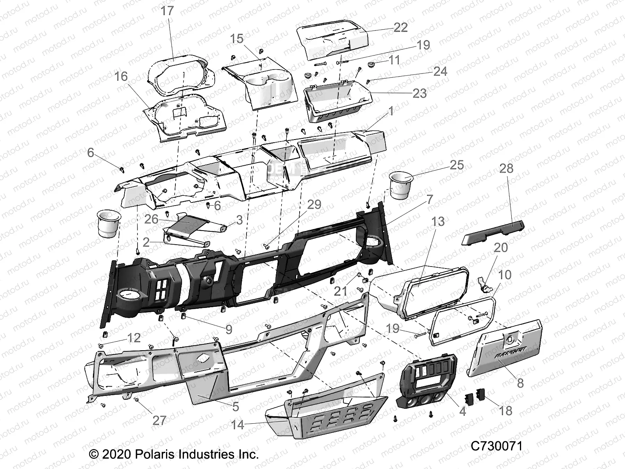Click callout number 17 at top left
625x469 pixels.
click(x=167, y=11)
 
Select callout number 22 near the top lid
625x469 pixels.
click(x=400, y=27)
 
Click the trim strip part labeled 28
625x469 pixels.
click(x=493, y=233)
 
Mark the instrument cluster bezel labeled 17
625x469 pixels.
click(x=178, y=76)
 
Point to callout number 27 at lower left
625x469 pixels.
click(x=159, y=420)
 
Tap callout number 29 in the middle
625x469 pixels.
click(x=314, y=204)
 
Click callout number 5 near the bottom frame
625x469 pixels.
click(x=236, y=406)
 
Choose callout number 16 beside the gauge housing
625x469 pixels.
click(x=121, y=76)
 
